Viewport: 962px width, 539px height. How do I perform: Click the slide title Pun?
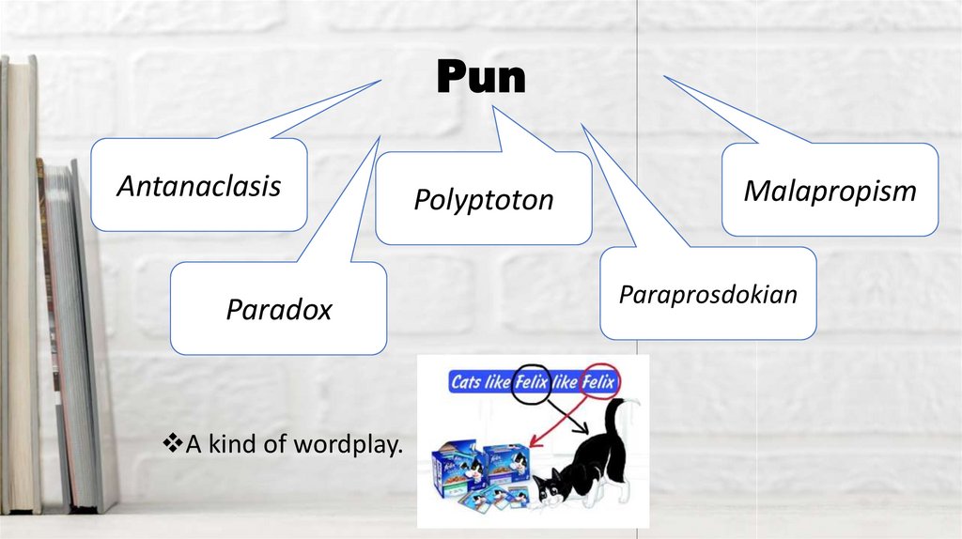coord(481,78)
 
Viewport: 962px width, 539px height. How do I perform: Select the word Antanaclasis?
coord(198,186)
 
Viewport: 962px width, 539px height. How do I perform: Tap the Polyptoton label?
coord(484,200)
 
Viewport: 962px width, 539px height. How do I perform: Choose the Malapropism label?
coord(830,192)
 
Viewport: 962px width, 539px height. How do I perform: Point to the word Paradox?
coord(278,310)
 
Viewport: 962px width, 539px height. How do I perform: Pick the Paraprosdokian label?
coord(707,294)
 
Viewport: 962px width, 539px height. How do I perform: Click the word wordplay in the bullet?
coord(348,445)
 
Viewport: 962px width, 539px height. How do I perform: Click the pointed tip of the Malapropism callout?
coord(665,77)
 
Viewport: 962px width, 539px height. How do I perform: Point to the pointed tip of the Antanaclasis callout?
coord(380,81)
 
